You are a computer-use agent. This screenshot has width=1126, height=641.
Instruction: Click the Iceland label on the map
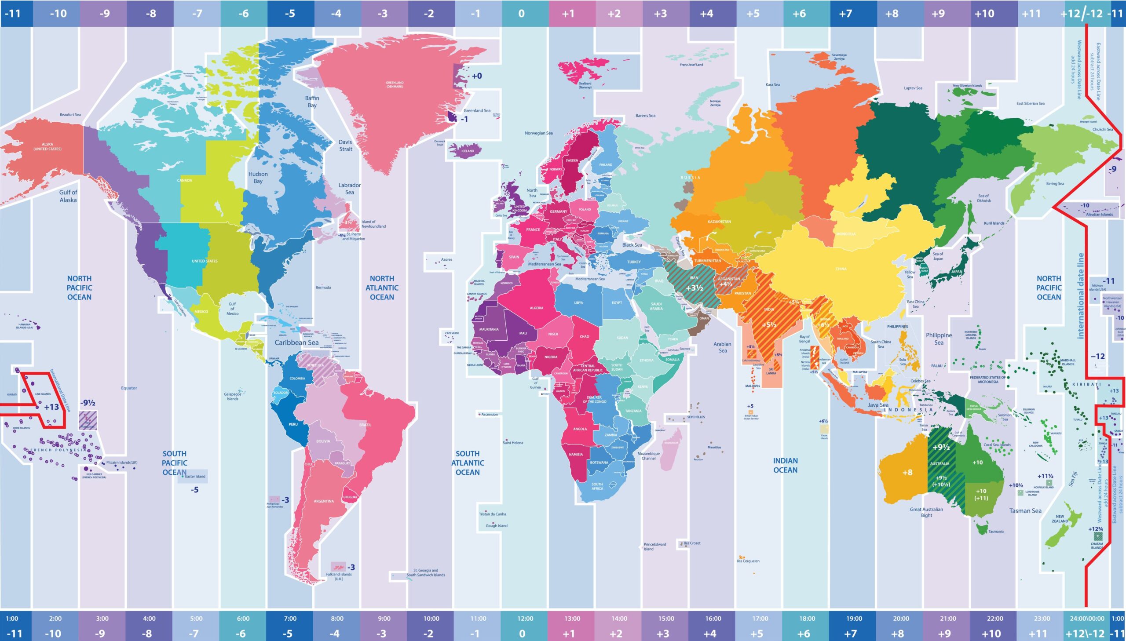point(467,151)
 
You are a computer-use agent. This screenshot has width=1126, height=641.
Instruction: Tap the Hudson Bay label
point(258,178)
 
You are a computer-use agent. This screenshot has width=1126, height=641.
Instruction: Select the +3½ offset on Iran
point(694,288)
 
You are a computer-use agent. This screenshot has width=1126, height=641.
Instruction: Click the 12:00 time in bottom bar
point(525,619)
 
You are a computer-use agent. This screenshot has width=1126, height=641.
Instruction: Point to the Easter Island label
point(195,476)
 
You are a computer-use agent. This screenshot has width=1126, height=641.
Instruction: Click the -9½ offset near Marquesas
point(88,403)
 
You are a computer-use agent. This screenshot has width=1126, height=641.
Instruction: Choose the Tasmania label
point(996,532)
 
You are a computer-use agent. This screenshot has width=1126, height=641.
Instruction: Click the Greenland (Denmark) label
point(395,84)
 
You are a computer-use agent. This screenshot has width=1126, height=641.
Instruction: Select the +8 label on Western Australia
point(907,472)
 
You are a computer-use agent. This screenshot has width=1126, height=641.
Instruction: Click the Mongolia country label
point(846,234)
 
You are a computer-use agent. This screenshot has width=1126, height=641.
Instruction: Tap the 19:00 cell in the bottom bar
point(853,619)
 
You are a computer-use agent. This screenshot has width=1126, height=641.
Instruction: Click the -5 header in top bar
point(290,14)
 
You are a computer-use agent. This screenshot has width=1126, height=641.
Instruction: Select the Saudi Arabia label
point(656,306)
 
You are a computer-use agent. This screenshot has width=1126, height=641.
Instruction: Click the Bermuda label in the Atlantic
point(323,288)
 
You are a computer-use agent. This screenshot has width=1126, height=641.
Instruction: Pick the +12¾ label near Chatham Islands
point(1095,529)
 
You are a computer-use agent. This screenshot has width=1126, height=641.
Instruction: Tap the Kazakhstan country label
point(719,222)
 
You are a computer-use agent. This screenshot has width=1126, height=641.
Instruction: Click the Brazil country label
point(365,425)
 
